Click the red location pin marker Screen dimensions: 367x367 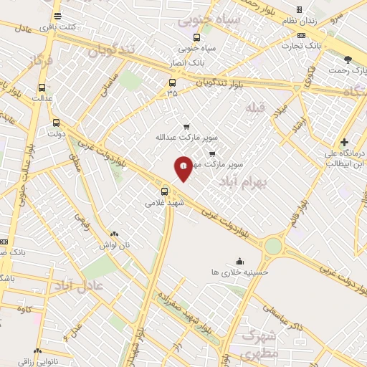pos(183,168)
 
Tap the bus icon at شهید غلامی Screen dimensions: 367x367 pos(166,191)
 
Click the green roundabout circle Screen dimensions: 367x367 pos(273,246)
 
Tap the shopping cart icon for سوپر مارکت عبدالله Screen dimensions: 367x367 pos(186,126)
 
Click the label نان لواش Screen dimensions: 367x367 pos(115,244)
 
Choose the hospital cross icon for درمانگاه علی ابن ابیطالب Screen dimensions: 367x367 pos(345,143)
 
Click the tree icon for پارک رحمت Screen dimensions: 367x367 pos(348,60)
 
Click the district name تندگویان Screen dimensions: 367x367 pos(111,50)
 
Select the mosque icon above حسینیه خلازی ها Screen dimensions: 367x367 pos(239,262)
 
